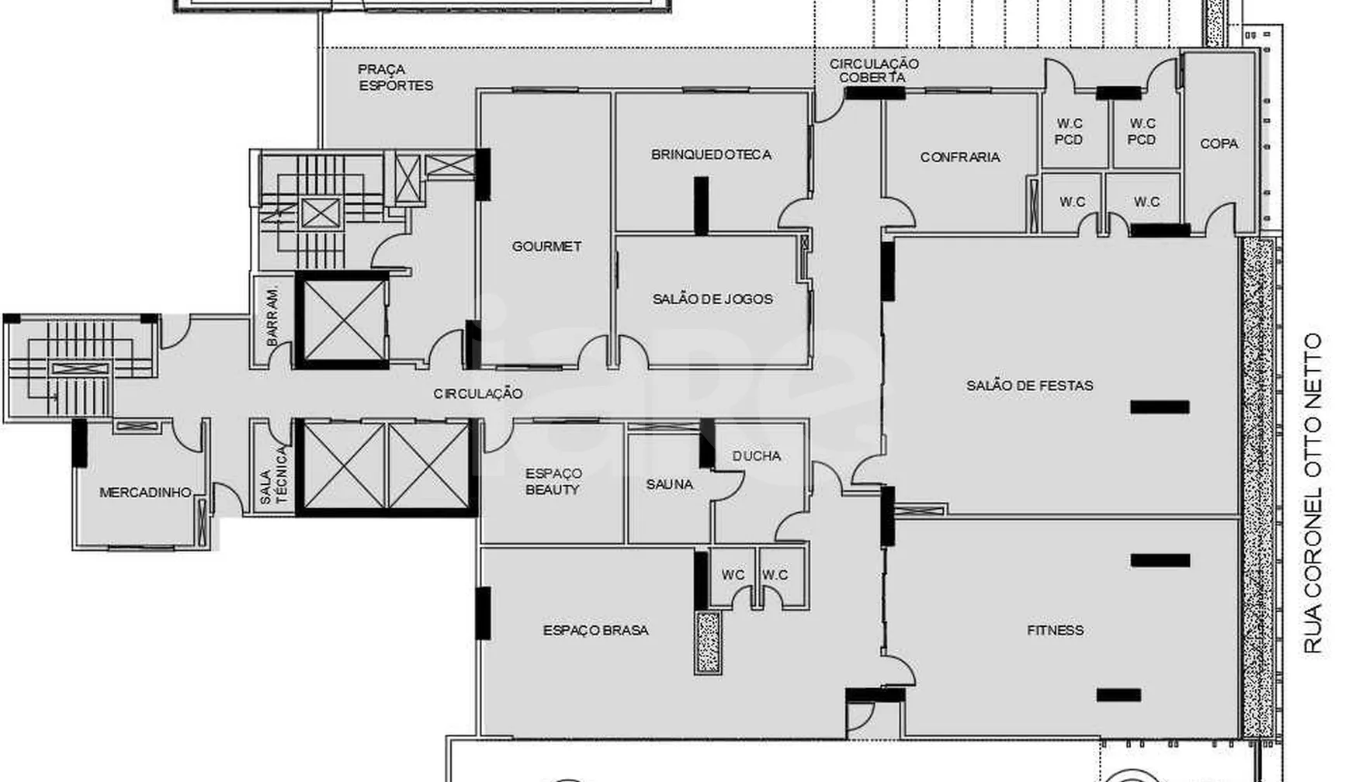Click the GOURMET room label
(546, 246)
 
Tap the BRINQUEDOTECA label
(711, 154)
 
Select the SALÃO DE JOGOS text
(712, 299)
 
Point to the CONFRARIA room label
(960, 157)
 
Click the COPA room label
(1219, 144)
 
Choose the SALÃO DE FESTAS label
(1029, 386)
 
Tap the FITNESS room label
(1055, 630)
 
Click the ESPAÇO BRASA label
(595, 630)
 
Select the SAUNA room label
(669, 484)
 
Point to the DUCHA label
(756, 455)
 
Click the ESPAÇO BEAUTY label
(552, 481)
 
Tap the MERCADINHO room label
(145, 492)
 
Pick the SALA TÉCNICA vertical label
(272, 475)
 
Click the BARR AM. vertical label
(272, 317)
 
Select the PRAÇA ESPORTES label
(396, 78)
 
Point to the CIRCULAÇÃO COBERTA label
(874, 71)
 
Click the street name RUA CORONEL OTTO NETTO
(1312, 493)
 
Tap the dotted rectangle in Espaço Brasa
(707, 643)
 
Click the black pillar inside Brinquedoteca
(701, 206)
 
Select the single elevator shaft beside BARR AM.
(342, 320)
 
